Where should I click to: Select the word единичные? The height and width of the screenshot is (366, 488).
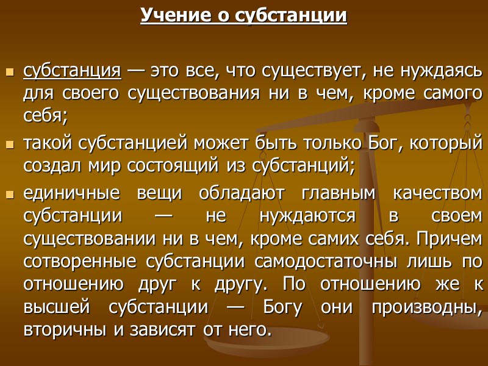coord(71,195)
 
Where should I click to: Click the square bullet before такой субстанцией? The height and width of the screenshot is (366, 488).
coord(9,145)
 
